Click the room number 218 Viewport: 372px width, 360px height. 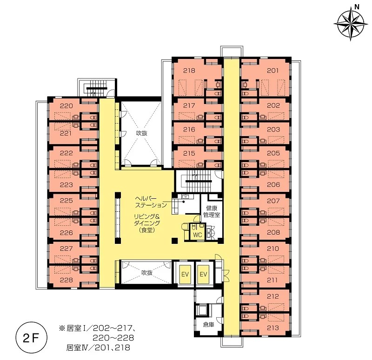[x=189, y=71]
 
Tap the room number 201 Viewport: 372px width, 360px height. [x=272, y=71]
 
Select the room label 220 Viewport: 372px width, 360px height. [x=66, y=106]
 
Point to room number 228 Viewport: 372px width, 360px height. [x=66, y=280]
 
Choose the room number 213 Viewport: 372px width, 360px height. [x=272, y=328]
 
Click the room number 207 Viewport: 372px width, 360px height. [x=273, y=201]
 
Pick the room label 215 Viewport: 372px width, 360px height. [x=189, y=153]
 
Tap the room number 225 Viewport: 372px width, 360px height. [x=66, y=201]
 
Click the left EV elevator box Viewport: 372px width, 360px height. [x=185, y=274]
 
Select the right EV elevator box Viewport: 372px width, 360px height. [x=203, y=274]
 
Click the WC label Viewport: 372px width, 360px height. [x=198, y=235]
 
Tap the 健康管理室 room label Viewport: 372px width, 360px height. [x=212, y=211]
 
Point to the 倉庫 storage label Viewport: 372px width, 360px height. [x=208, y=324]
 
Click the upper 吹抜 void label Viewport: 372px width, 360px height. [x=142, y=133]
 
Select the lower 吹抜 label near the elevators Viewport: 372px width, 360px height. [x=147, y=273]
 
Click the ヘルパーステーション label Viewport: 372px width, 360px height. [x=151, y=202]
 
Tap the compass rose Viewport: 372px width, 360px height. [x=351, y=24]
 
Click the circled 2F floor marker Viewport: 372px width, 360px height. [x=31, y=338]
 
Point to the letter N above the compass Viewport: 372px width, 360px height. [x=357, y=7]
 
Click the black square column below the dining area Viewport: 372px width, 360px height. [x=175, y=241]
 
